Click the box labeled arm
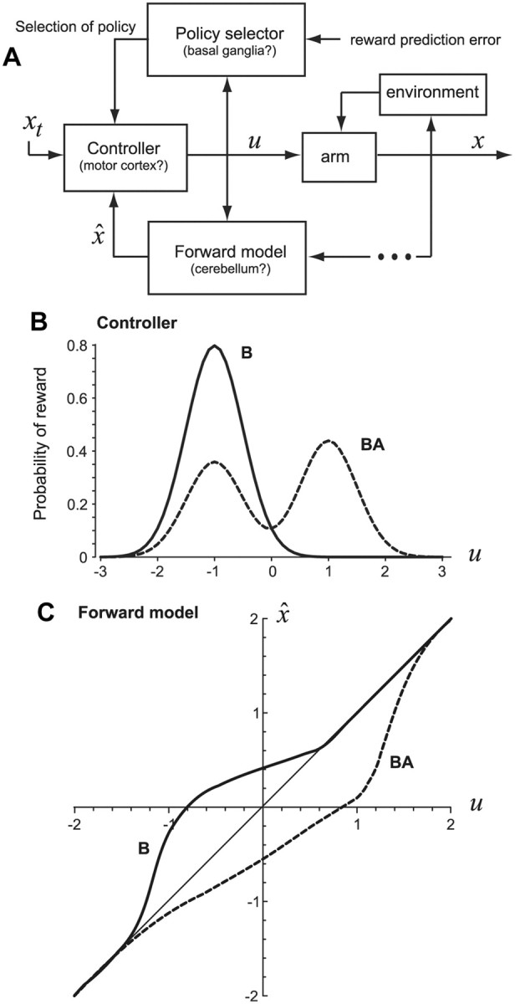339,155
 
